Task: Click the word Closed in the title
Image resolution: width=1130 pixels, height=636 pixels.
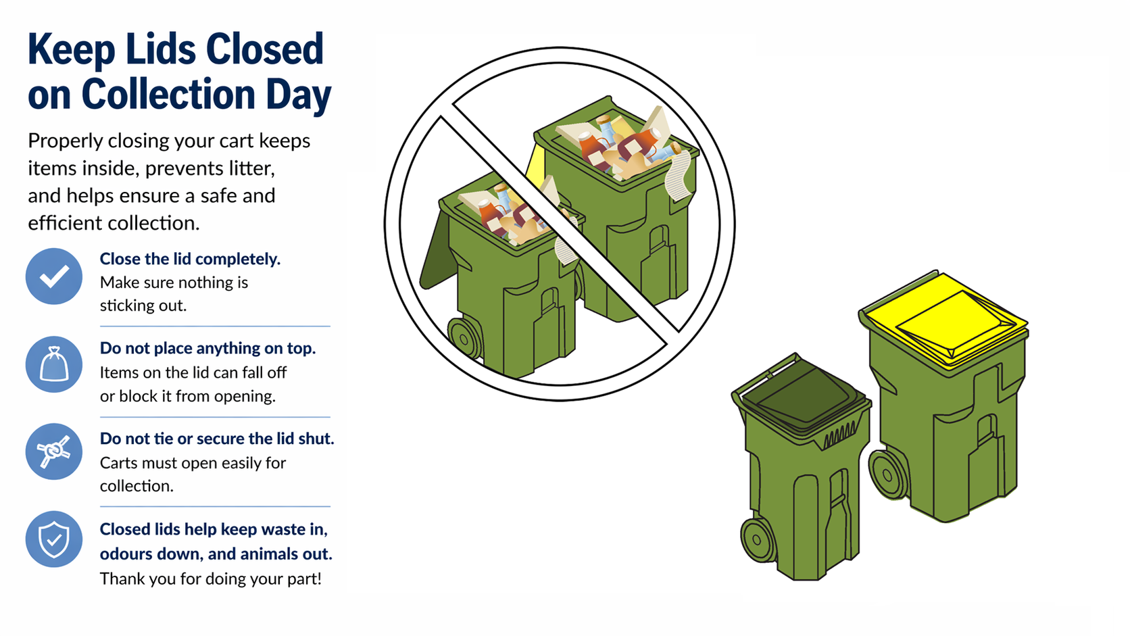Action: (264, 49)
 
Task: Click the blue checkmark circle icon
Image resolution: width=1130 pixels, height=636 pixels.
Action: (54, 276)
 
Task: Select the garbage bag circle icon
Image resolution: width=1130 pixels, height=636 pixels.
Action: (54, 364)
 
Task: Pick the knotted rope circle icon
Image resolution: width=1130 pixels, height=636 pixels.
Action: (54, 451)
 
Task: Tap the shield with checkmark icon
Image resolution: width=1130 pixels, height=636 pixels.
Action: (54, 539)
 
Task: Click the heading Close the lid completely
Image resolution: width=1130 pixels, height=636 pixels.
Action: (190, 259)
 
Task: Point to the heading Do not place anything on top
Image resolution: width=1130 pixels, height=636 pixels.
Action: (207, 348)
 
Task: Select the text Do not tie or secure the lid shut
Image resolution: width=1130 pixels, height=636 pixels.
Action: (217, 438)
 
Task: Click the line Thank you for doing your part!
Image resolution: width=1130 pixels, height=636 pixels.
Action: (210, 579)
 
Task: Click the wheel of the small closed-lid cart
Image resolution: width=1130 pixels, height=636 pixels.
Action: (757, 539)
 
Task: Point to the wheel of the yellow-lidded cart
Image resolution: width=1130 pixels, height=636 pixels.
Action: (889, 474)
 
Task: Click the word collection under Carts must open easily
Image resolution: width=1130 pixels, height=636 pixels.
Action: (137, 486)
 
